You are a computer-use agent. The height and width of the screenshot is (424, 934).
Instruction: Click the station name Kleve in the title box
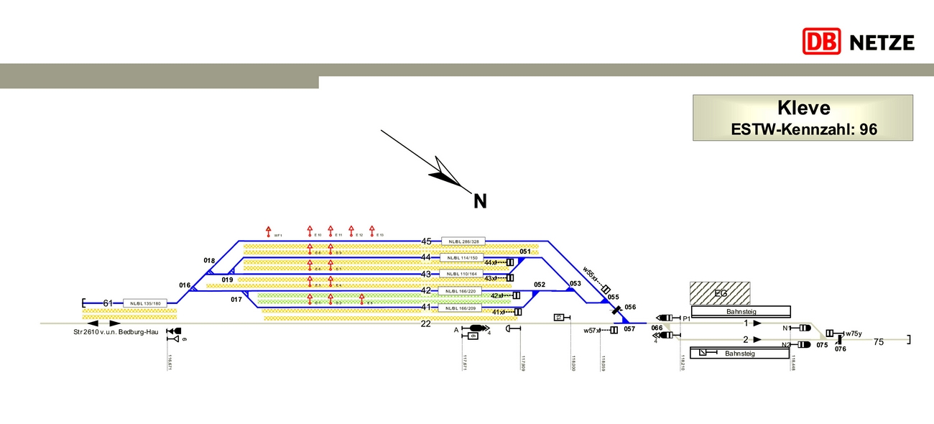(x=803, y=109)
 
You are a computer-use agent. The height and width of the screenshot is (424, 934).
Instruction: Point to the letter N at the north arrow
(x=480, y=201)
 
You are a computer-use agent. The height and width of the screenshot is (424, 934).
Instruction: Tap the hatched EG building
(x=720, y=293)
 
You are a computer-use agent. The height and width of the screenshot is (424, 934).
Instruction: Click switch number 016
(x=185, y=285)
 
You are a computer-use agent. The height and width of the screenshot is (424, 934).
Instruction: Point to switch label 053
(x=575, y=284)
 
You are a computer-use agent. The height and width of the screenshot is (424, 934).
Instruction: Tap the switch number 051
(x=524, y=252)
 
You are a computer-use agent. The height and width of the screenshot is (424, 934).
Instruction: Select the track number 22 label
(x=426, y=324)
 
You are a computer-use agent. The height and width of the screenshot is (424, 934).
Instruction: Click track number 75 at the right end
(x=879, y=342)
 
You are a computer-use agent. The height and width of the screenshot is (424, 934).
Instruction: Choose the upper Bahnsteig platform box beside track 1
(x=741, y=312)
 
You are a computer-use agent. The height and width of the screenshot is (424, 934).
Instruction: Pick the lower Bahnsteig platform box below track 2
(x=740, y=354)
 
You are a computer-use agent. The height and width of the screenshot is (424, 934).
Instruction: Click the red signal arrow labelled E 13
(x=372, y=230)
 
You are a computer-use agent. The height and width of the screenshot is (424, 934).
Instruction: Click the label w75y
(x=854, y=333)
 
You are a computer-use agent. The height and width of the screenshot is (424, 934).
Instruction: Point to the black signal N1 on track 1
(x=805, y=328)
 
